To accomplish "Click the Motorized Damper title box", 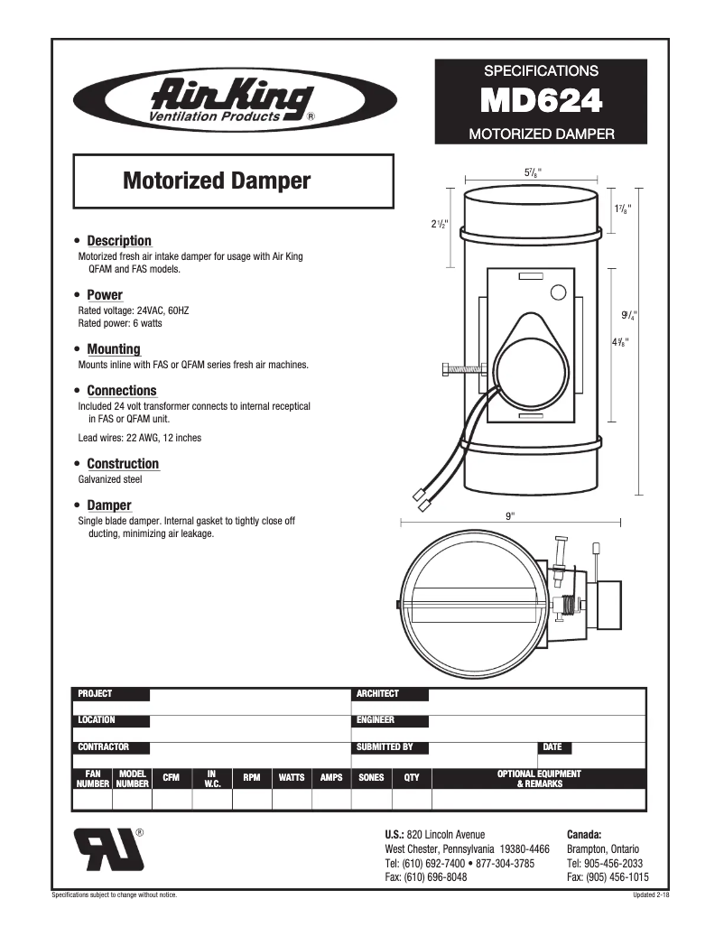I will pyautogui.click(x=233, y=181).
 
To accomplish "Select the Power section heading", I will pyautogui.click(x=104, y=295).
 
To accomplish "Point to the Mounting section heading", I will pyautogui.click(x=113, y=349).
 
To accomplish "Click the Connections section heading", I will pyautogui.click(x=121, y=391).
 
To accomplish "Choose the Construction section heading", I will pyautogui.click(x=122, y=464).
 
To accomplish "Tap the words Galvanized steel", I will pyautogui.click(x=110, y=479).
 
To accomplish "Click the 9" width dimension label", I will pyautogui.click(x=510, y=516).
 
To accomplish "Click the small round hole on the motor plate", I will pyautogui.click(x=558, y=292).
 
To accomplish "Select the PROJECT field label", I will pyautogui.click(x=96, y=694).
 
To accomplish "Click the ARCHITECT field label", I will pyautogui.click(x=377, y=694).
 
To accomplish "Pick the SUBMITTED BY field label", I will pyautogui.click(x=385, y=747).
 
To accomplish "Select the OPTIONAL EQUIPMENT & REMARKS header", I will pyautogui.click(x=539, y=779).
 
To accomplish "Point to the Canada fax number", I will pyautogui.click(x=608, y=877).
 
